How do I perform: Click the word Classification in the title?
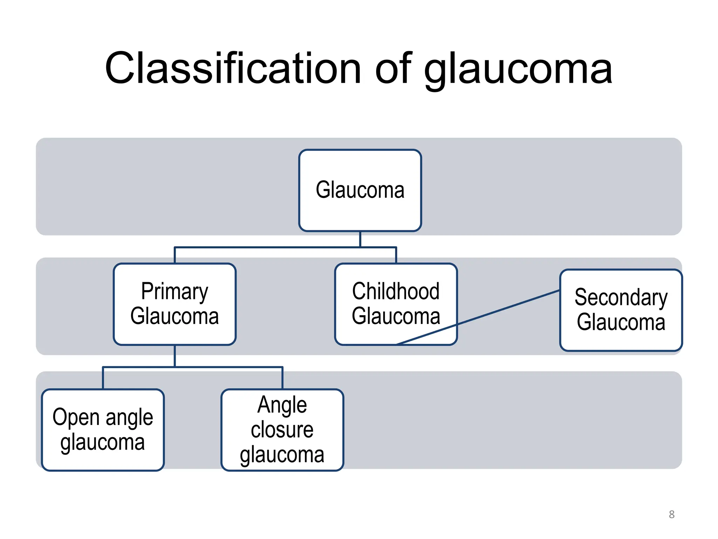[x=233, y=68]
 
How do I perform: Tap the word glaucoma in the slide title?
[x=518, y=70]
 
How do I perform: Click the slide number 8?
[x=671, y=514]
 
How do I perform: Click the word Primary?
[x=175, y=291]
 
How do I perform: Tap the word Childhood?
[x=396, y=291]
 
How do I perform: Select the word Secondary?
[x=621, y=297]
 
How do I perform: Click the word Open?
[x=76, y=418]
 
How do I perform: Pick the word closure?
[x=282, y=430]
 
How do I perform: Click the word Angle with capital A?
[x=282, y=405]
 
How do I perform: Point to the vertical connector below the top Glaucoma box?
[x=360, y=239]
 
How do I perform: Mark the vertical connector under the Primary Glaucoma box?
[x=175, y=356]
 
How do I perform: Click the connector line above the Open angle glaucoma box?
[x=103, y=378]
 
